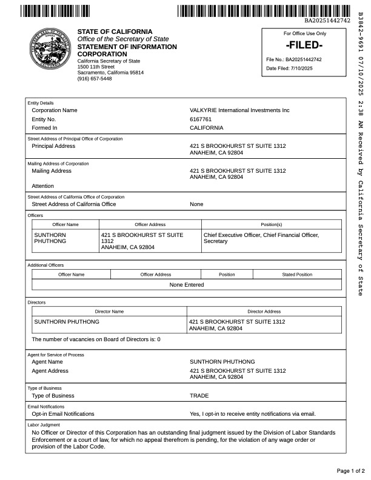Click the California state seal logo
coord(46,53)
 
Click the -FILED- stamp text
coord(304,45)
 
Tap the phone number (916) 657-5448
coord(95,79)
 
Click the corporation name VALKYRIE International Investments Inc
coord(239,110)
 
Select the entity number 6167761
coord(201,119)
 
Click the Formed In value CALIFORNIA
coord(207,128)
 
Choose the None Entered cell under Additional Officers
coord(187,284)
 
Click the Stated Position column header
coord(296,275)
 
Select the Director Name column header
coord(109,311)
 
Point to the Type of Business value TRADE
coord(199,396)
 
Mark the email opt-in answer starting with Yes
coord(253,414)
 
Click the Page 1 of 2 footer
coord(350,470)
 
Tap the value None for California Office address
coord(196,204)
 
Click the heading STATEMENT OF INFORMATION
coord(127,47)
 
